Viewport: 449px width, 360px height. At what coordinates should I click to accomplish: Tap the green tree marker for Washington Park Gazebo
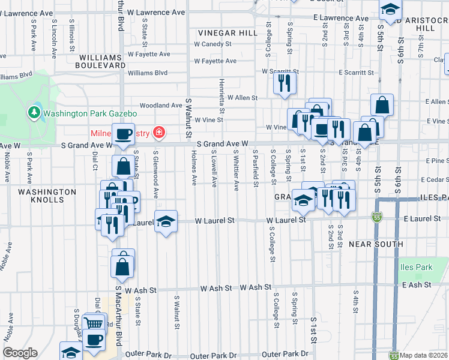34,112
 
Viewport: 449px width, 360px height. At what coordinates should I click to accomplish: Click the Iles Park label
415,266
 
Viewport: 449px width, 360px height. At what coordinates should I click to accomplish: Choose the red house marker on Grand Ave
159,132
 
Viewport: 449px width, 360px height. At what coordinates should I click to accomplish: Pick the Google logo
20,353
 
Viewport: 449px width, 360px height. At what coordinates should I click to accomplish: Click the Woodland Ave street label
160,106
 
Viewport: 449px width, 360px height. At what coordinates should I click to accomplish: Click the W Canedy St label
212,44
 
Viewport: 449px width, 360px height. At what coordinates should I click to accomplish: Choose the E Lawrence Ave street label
340,19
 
